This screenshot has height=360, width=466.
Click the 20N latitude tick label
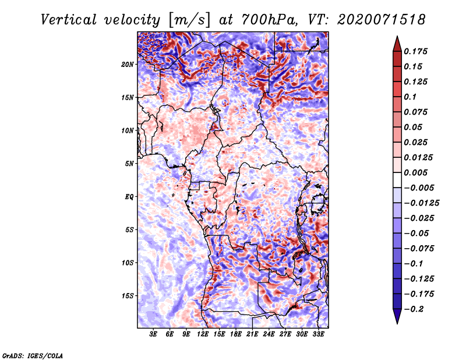pos(128,65)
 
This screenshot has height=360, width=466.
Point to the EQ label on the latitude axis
pos(129,197)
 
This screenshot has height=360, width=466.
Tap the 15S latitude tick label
pos(128,296)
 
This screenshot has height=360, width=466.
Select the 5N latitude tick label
pos(129,164)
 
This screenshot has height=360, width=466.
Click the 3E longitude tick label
pos(153,334)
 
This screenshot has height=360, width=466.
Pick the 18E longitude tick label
pos(236,334)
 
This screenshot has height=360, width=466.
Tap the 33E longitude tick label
pos(318,334)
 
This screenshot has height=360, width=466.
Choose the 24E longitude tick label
pos(269,334)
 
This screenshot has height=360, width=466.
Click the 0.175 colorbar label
pos(416,51)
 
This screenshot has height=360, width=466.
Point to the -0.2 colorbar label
pos(414,309)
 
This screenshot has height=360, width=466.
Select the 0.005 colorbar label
pos(416,172)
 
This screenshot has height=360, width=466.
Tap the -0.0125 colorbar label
pos(421,203)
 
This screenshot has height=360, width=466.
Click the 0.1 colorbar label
pos(410,97)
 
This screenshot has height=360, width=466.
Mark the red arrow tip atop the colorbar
pos(397,36)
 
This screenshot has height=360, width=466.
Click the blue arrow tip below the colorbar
pos(397,323)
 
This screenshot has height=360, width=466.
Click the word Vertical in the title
pos(69,20)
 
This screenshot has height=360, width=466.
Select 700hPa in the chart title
pos(269,20)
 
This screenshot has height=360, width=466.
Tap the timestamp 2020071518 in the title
pos(382,20)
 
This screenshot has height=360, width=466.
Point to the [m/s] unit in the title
pos(189,20)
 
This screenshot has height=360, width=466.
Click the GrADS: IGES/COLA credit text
pos(33,356)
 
